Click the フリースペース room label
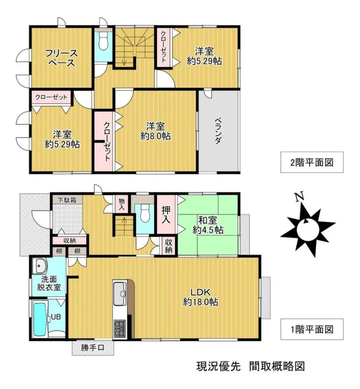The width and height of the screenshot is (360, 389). pos(61,58)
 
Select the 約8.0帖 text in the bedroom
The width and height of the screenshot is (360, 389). pos(155,136)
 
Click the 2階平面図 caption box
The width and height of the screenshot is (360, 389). pos(312,162)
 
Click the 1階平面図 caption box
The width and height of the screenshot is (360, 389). pos(312,329)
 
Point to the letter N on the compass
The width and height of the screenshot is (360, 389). pos(300,196)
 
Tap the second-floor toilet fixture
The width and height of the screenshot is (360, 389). pos(103,42)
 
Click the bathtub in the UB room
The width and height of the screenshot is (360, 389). pos(39,319)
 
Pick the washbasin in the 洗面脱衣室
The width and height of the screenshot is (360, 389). pos(40,266)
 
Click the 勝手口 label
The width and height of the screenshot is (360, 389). pos(93,348)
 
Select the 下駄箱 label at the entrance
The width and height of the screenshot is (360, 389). pos(67,200)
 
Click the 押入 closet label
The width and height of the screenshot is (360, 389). pos(166,214)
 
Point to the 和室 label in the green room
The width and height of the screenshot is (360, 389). pos(208,220)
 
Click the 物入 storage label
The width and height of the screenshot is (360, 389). pos(122,204)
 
